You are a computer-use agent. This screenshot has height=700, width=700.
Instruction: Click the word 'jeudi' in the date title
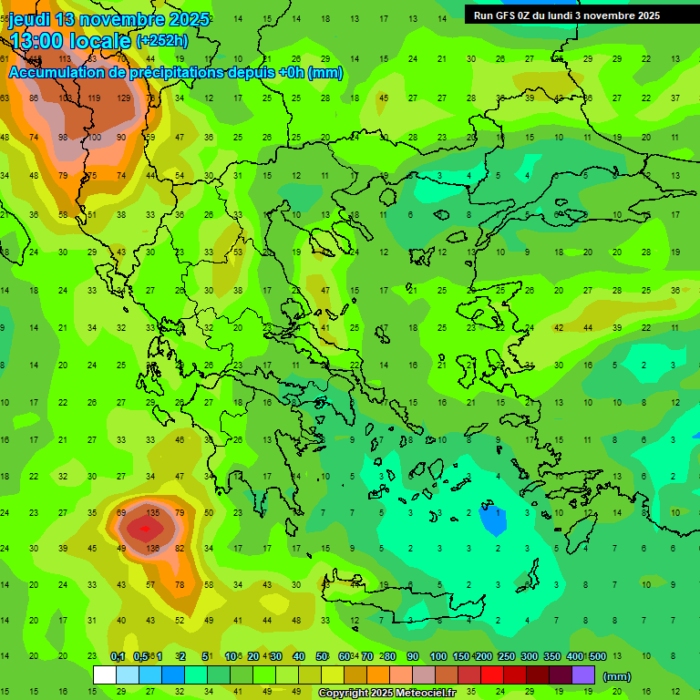click(x=32, y=18)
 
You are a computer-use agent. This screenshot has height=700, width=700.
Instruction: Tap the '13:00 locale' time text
click(x=71, y=40)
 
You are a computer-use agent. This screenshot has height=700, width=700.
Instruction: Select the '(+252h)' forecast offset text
click(x=162, y=40)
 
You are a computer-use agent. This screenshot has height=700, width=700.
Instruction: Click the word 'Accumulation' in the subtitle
click(x=63, y=73)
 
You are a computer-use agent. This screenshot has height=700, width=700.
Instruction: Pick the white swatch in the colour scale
click(x=105, y=674)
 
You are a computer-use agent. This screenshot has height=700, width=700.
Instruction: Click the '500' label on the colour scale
click(x=597, y=656)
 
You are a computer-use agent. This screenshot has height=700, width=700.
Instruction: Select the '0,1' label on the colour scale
click(x=118, y=656)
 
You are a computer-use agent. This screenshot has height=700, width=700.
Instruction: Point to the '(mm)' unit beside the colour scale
click(x=618, y=676)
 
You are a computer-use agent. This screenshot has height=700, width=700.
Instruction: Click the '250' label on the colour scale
click(x=506, y=656)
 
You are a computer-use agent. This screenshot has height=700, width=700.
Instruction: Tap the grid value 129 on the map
click(x=123, y=98)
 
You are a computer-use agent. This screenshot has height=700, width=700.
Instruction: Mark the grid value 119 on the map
click(x=94, y=98)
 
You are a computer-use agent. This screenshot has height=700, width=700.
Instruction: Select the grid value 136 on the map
click(x=152, y=549)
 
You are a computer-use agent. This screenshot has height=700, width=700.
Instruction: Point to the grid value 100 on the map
click(x=94, y=137)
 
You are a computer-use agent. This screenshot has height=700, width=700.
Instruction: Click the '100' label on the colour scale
click(x=438, y=656)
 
